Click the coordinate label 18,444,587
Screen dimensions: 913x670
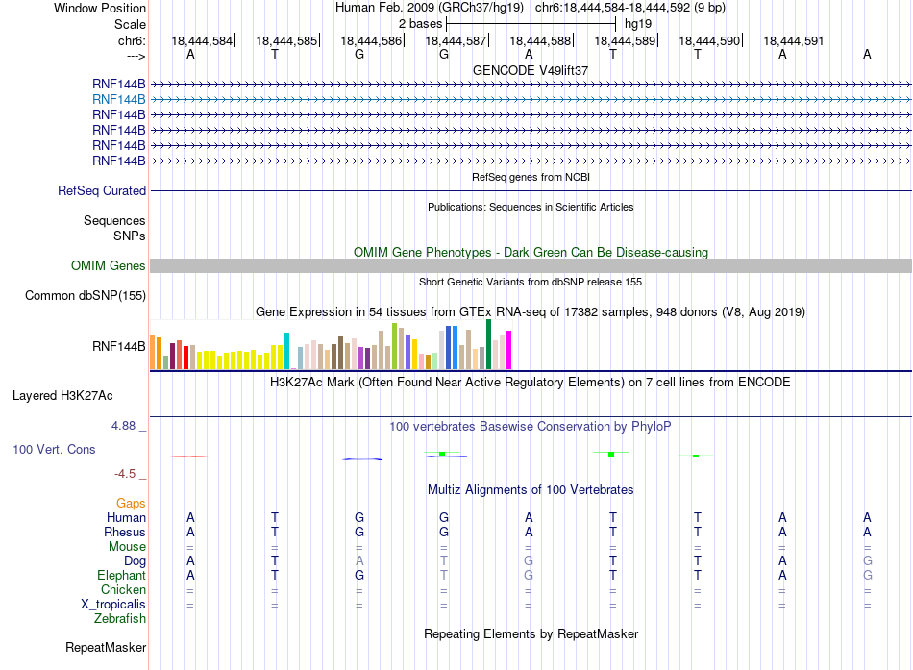456,40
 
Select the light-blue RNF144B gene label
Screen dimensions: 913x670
119,100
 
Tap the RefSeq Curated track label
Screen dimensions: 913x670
102,191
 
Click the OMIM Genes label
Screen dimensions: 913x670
109,265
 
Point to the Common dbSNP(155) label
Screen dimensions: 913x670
86,296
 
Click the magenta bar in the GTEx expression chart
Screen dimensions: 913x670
509,350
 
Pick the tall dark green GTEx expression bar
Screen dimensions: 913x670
488,344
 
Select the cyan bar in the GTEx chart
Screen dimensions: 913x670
286,351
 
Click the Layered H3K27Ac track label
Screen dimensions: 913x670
62,396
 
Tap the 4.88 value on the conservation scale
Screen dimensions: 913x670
123,426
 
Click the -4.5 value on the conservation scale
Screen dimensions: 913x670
125,474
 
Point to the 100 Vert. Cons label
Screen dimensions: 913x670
54,449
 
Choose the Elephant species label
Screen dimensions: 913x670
121,576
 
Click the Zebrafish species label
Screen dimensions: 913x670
120,619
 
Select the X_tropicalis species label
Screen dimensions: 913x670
113,605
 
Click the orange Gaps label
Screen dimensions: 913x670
131,504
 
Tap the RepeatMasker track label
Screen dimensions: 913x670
106,648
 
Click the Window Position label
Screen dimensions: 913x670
100,8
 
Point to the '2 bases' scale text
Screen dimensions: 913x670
420,24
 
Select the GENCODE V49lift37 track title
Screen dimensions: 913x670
531,70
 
